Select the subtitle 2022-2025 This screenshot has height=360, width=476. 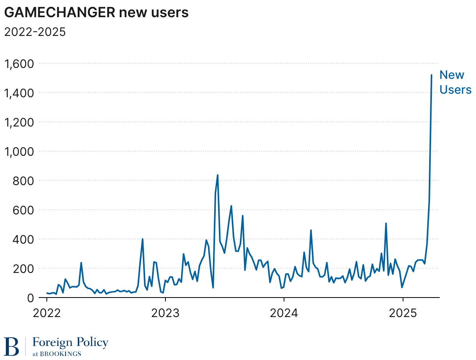[35, 32]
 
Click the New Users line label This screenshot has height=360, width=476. [455, 82]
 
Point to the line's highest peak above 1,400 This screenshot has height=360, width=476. [432, 75]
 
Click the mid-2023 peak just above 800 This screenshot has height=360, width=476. [217, 175]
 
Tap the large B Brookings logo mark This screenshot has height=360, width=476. [12, 346]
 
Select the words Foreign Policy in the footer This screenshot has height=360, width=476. [70, 342]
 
